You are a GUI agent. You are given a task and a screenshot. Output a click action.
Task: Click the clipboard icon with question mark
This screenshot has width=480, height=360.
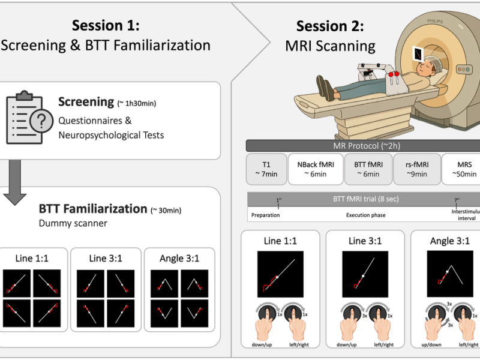pyautogui.click(x=28, y=118)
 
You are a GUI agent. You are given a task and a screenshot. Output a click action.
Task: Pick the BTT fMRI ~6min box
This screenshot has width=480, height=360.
pyautogui.click(x=367, y=168)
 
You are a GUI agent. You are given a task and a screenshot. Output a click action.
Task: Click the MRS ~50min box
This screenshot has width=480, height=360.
pyautogui.click(x=461, y=168)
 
